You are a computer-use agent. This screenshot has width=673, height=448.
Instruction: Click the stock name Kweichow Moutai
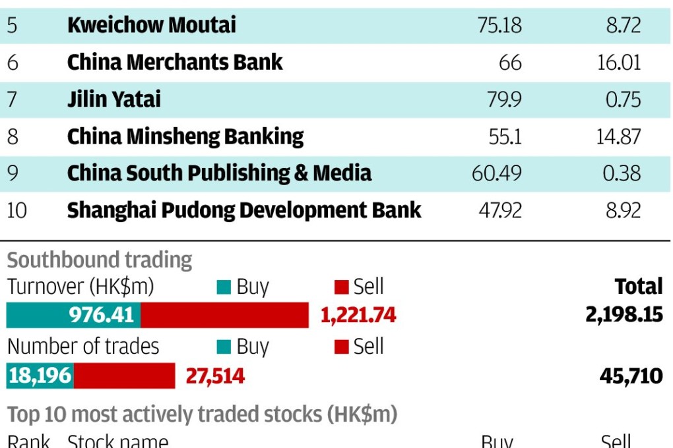click(151, 25)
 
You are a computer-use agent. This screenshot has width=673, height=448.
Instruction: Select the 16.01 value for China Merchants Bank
click(618, 63)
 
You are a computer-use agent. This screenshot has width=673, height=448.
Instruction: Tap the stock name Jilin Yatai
click(113, 99)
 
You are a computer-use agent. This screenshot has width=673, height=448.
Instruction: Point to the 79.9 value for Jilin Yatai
click(503, 99)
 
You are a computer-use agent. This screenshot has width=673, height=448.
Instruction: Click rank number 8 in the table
click(13, 136)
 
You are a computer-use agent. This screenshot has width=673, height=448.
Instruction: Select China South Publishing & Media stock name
click(219, 173)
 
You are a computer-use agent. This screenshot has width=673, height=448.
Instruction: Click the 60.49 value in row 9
click(496, 173)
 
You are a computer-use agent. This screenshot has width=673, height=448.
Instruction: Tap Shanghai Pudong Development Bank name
click(244, 210)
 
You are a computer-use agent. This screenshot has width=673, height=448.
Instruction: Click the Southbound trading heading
click(100, 260)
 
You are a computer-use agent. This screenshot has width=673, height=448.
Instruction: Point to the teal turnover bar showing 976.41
click(73, 315)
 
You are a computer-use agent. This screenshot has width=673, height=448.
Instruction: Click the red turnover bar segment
click(224, 315)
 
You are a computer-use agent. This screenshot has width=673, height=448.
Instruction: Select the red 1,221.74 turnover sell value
click(358, 316)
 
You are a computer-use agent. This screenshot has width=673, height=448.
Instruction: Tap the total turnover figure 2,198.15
click(624, 314)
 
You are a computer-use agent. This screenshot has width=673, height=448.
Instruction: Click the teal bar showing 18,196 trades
click(40, 376)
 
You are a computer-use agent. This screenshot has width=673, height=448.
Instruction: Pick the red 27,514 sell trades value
click(215, 376)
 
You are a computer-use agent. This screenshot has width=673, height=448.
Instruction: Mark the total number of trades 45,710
click(631, 376)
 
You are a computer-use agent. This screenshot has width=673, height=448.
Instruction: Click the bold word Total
click(638, 287)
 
